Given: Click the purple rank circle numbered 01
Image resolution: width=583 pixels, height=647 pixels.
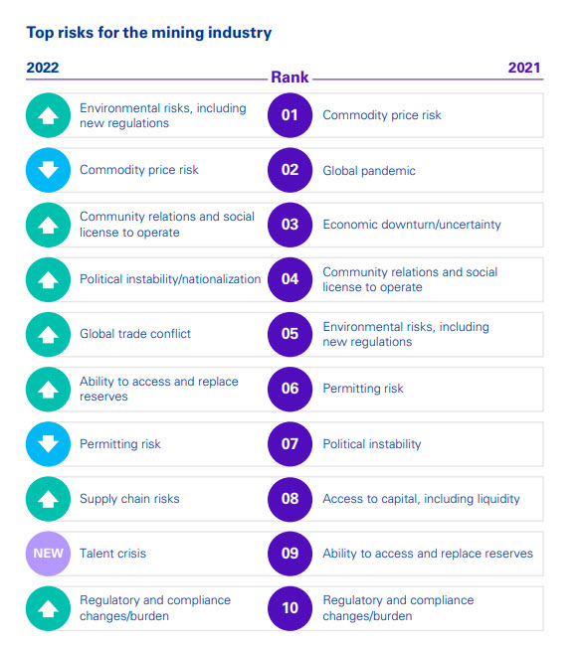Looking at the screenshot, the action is (290, 115).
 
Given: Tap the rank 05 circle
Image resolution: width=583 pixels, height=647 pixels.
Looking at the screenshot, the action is (290, 334).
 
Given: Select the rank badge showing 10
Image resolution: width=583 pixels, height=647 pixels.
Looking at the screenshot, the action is (290, 608).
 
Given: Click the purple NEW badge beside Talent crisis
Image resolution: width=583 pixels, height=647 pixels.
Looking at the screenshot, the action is (48, 554).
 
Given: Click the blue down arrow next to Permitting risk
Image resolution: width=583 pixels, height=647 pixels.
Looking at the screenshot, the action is (48, 444).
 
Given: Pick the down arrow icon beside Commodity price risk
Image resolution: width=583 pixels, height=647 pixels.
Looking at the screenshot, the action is (48, 170).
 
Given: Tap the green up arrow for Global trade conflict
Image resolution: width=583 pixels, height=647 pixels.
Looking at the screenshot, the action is (48, 334).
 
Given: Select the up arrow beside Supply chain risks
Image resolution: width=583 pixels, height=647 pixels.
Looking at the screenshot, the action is (48, 499).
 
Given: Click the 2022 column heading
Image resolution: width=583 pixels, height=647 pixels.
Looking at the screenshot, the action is (43, 68).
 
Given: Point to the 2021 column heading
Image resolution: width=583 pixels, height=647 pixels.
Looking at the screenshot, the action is (524, 68).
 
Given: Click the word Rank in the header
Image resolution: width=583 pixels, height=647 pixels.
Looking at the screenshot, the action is (290, 78).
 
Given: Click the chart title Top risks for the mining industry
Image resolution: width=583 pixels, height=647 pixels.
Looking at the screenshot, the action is (149, 33).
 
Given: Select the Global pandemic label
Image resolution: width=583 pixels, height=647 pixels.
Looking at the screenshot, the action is (369, 170).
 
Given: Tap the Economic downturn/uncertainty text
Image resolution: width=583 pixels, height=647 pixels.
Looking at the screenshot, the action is (412, 225).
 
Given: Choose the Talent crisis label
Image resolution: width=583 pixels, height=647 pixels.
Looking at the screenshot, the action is (112, 554).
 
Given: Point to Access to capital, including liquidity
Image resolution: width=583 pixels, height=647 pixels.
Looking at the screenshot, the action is (421, 499).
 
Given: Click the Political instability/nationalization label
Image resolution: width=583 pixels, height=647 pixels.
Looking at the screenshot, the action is (170, 279).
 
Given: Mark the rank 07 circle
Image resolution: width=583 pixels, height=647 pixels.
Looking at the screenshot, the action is (290, 444).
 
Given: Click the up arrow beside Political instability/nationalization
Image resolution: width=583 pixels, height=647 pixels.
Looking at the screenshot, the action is (48, 279).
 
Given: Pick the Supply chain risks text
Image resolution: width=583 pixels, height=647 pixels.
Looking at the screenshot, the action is (129, 499).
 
